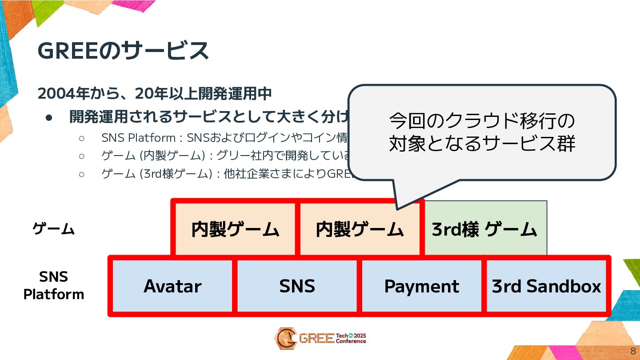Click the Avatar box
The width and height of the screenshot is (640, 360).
pyautogui.click(x=172, y=286)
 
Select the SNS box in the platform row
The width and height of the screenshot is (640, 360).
pyautogui.click(x=297, y=286)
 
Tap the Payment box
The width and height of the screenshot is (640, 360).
pyautogui.click(x=421, y=286)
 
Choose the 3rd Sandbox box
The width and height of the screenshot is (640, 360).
pyautogui.click(x=546, y=286)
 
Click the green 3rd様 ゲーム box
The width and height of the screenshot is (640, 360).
pyautogui.click(x=485, y=229)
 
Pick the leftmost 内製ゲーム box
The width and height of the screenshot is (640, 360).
pyautogui.click(x=235, y=229)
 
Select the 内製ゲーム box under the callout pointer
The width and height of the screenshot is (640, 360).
pyautogui.click(x=360, y=229)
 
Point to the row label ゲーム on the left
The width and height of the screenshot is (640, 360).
pyautogui.click(x=53, y=229)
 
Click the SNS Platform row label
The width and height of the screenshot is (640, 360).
pyautogui.click(x=53, y=285)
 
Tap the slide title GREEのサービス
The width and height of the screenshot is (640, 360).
pyautogui.click(x=123, y=51)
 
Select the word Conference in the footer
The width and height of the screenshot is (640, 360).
pyautogui.click(x=351, y=342)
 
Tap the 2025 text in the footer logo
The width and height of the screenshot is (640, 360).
pyautogui.click(x=359, y=336)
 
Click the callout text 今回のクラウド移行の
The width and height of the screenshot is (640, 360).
pyautogui.click(x=482, y=120)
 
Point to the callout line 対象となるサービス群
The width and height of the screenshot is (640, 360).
pyautogui.click(x=482, y=144)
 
